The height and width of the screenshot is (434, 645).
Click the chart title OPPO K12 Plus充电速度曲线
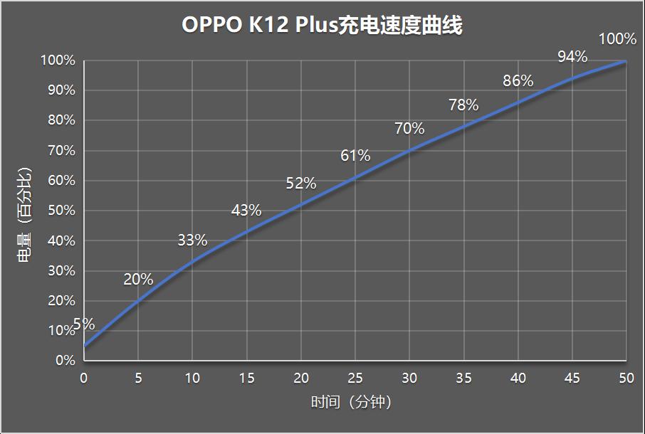(x=322, y=26)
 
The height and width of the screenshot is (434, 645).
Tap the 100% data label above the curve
(x=617, y=39)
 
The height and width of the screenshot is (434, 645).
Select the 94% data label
(x=572, y=57)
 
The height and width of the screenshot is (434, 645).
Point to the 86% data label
(x=518, y=81)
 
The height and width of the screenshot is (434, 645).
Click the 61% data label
(x=355, y=155)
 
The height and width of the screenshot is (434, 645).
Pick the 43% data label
(x=246, y=211)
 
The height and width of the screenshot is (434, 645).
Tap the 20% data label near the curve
(x=138, y=280)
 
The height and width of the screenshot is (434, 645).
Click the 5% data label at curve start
(x=84, y=324)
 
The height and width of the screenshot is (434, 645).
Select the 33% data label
(x=192, y=240)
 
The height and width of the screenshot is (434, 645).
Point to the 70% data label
(x=409, y=129)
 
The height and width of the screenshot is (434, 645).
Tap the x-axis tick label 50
(x=626, y=379)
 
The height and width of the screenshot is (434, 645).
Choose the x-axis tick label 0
(x=84, y=379)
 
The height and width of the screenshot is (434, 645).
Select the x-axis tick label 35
(x=463, y=379)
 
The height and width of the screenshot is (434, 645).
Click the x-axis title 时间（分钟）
(x=352, y=403)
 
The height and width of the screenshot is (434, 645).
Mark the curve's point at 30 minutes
(x=409, y=150)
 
